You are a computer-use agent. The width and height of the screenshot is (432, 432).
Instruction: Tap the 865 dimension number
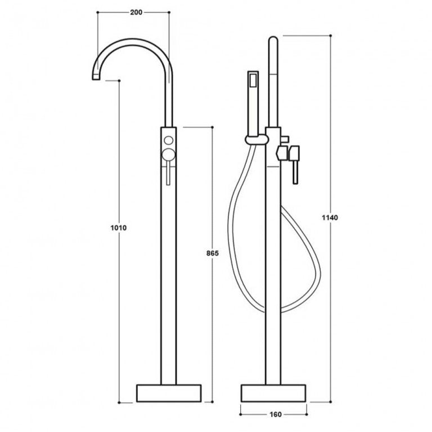(212, 254)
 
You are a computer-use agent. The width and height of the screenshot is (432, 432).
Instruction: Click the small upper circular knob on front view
(168, 139)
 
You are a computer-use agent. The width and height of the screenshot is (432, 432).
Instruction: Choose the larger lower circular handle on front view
(168, 156)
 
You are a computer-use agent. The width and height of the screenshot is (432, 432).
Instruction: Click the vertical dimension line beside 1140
(330, 141)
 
